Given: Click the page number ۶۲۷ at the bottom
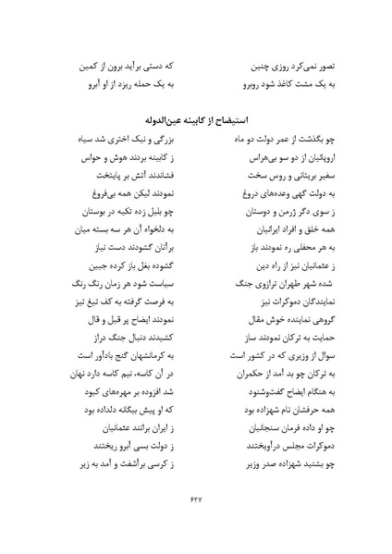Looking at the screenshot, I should click(x=195, y=499).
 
